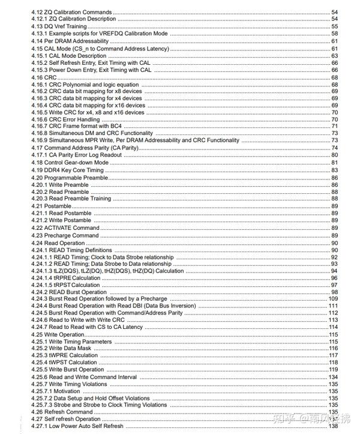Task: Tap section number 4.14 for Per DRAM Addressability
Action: click(x=38, y=41)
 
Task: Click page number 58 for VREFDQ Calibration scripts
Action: click(x=334, y=34)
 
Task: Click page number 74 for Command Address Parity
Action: click(x=334, y=148)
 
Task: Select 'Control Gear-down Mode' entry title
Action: click(x=80, y=162)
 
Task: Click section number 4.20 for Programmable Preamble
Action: click(x=38, y=178)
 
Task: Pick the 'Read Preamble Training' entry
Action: click(x=80, y=199)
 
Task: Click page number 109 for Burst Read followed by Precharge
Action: click(x=333, y=299)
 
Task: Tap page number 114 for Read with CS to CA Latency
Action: click(x=333, y=327)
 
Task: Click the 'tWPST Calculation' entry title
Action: click(x=73, y=363)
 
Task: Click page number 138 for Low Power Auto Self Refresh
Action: click(x=333, y=426)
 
